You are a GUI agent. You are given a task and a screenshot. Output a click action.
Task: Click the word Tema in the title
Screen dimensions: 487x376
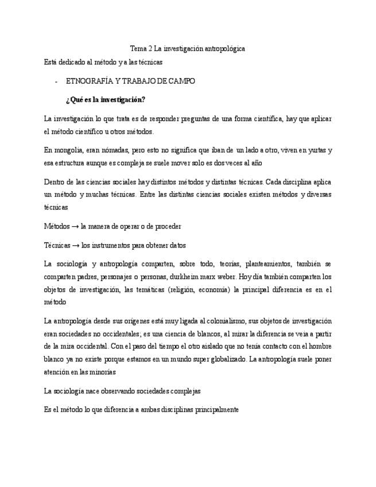coord(138,49)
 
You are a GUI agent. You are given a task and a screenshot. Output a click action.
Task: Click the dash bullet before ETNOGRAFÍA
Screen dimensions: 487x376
coord(56,81)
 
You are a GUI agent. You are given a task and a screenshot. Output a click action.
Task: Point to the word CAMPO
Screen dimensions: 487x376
coord(181,81)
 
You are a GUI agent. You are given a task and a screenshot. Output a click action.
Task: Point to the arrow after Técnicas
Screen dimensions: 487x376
coord(75,245)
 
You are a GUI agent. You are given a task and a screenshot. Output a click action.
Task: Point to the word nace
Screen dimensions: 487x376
coord(87,391)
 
